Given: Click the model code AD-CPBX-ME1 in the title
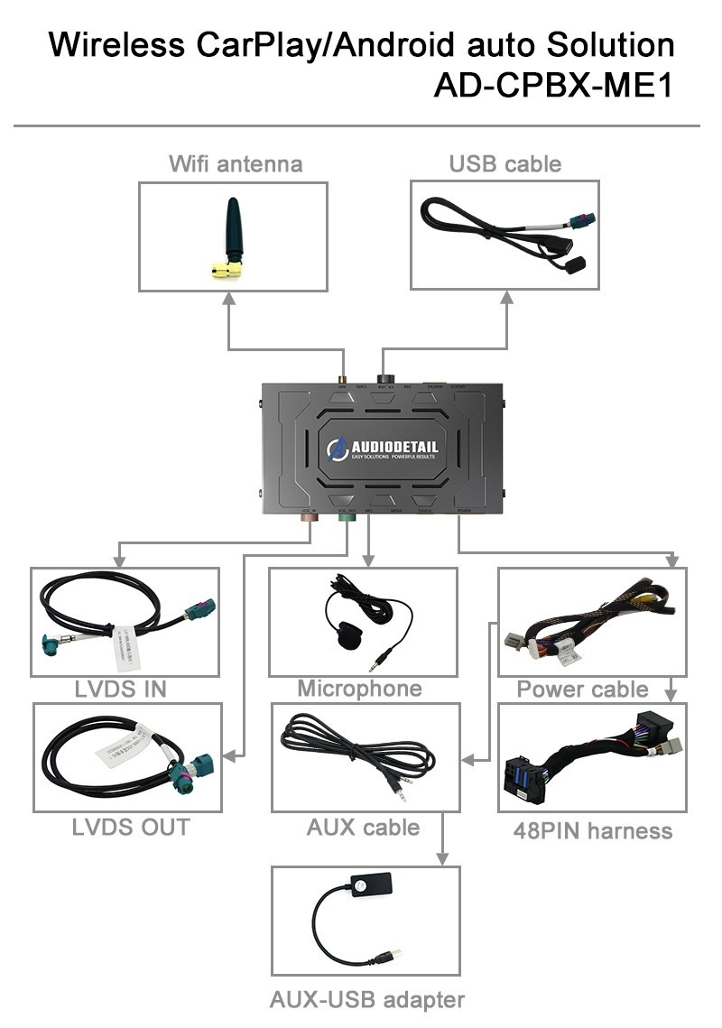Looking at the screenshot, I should [553, 87].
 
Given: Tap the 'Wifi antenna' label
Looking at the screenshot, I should [235, 163].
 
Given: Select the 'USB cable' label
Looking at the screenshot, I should [504, 163].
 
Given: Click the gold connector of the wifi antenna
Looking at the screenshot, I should [226, 268].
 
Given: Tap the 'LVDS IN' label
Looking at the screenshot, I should [121, 690].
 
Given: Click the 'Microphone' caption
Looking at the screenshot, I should [359, 689].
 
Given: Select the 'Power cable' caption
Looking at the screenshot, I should [582, 690].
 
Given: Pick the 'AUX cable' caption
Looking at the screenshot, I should [363, 827].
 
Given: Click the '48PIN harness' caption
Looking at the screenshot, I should [592, 830].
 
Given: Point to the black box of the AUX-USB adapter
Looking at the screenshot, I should [371, 887].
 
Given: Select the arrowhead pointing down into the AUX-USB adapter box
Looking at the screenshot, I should [443, 857].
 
